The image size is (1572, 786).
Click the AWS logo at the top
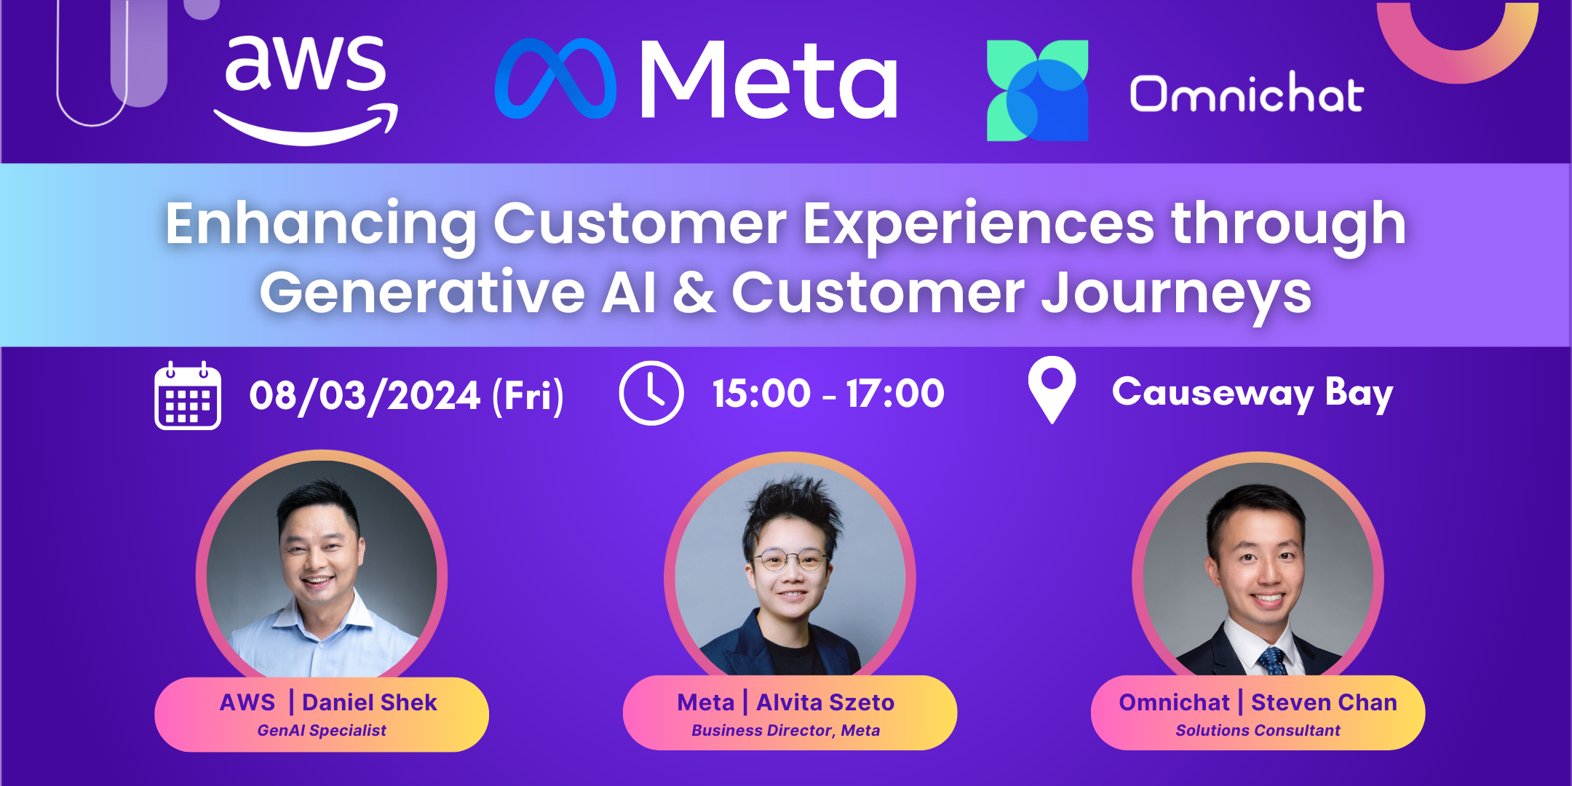pyautogui.click(x=306, y=89)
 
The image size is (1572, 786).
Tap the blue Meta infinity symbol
pyautogui.click(x=555, y=79)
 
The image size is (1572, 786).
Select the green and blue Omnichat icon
pyautogui.click(x=1037, y=90)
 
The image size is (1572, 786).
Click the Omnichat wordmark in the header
pyautogui.click(x=1247, y=93)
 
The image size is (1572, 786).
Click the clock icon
pyautogui.click(x=651, y=393)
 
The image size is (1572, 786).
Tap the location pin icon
pyautogui.click(x=1052, y=389)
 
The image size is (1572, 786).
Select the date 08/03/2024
pyautogui.click(x=365, y=396)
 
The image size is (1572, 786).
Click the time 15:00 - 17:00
pyautogui.click(x=828, y=394)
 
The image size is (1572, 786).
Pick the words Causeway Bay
pyautogui.click(x=1253, y=394)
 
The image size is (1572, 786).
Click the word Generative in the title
pyautogui.click(x=422, y=293)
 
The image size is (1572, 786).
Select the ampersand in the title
pyautogui.click(x=694, y=293)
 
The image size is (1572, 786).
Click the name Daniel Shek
pyautogui.click(x=370, y=702)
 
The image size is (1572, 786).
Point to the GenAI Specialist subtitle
pyautogui.click(x=322, y=731)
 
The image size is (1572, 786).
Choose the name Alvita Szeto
pyautogui.click(x=825, y=702)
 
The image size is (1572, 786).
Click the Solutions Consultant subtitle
pyautogui.click(x=1258, y=731)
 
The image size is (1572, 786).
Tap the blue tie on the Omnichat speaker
pyautogui.click(x=1273, y=660)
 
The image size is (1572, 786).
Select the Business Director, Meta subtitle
pyautogui.click(x=785, y=731)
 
